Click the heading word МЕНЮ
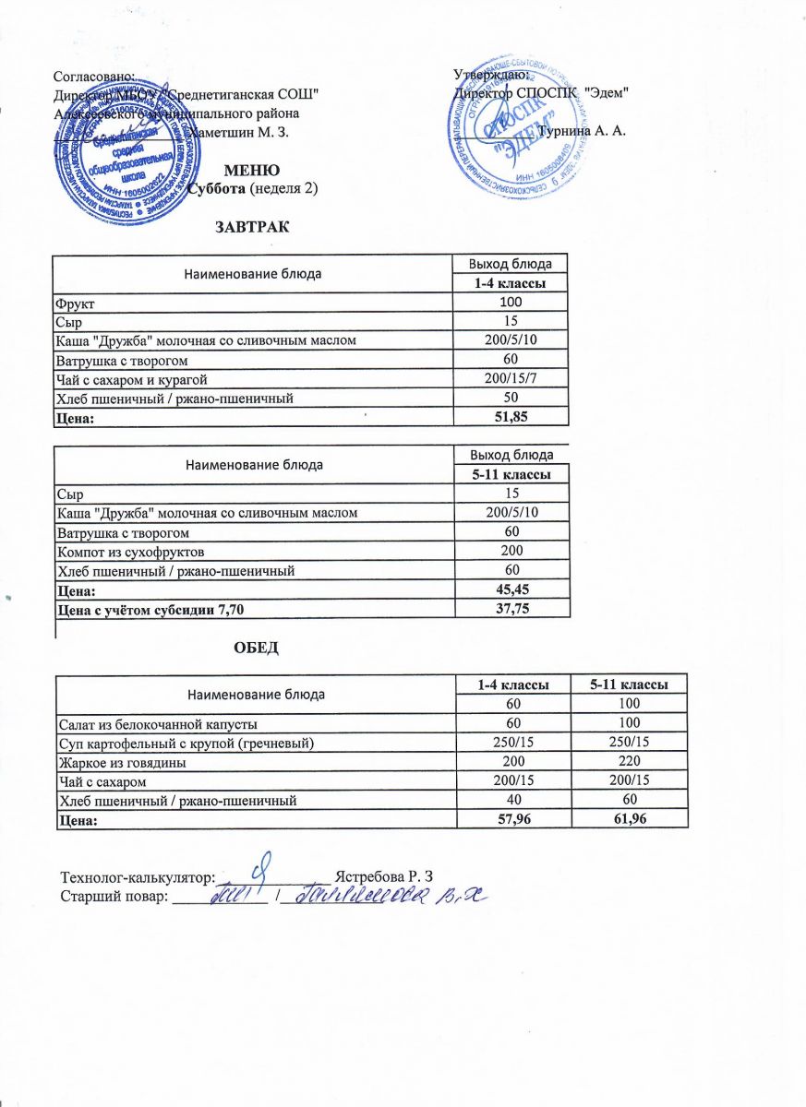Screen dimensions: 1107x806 (253, 171)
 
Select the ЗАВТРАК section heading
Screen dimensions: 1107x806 (252, 227)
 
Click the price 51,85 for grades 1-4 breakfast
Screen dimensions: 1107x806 (511, 417)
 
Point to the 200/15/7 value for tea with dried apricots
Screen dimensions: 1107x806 (511, 379)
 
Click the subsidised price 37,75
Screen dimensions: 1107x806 (511, 609)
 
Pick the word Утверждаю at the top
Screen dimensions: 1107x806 (490, 75)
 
